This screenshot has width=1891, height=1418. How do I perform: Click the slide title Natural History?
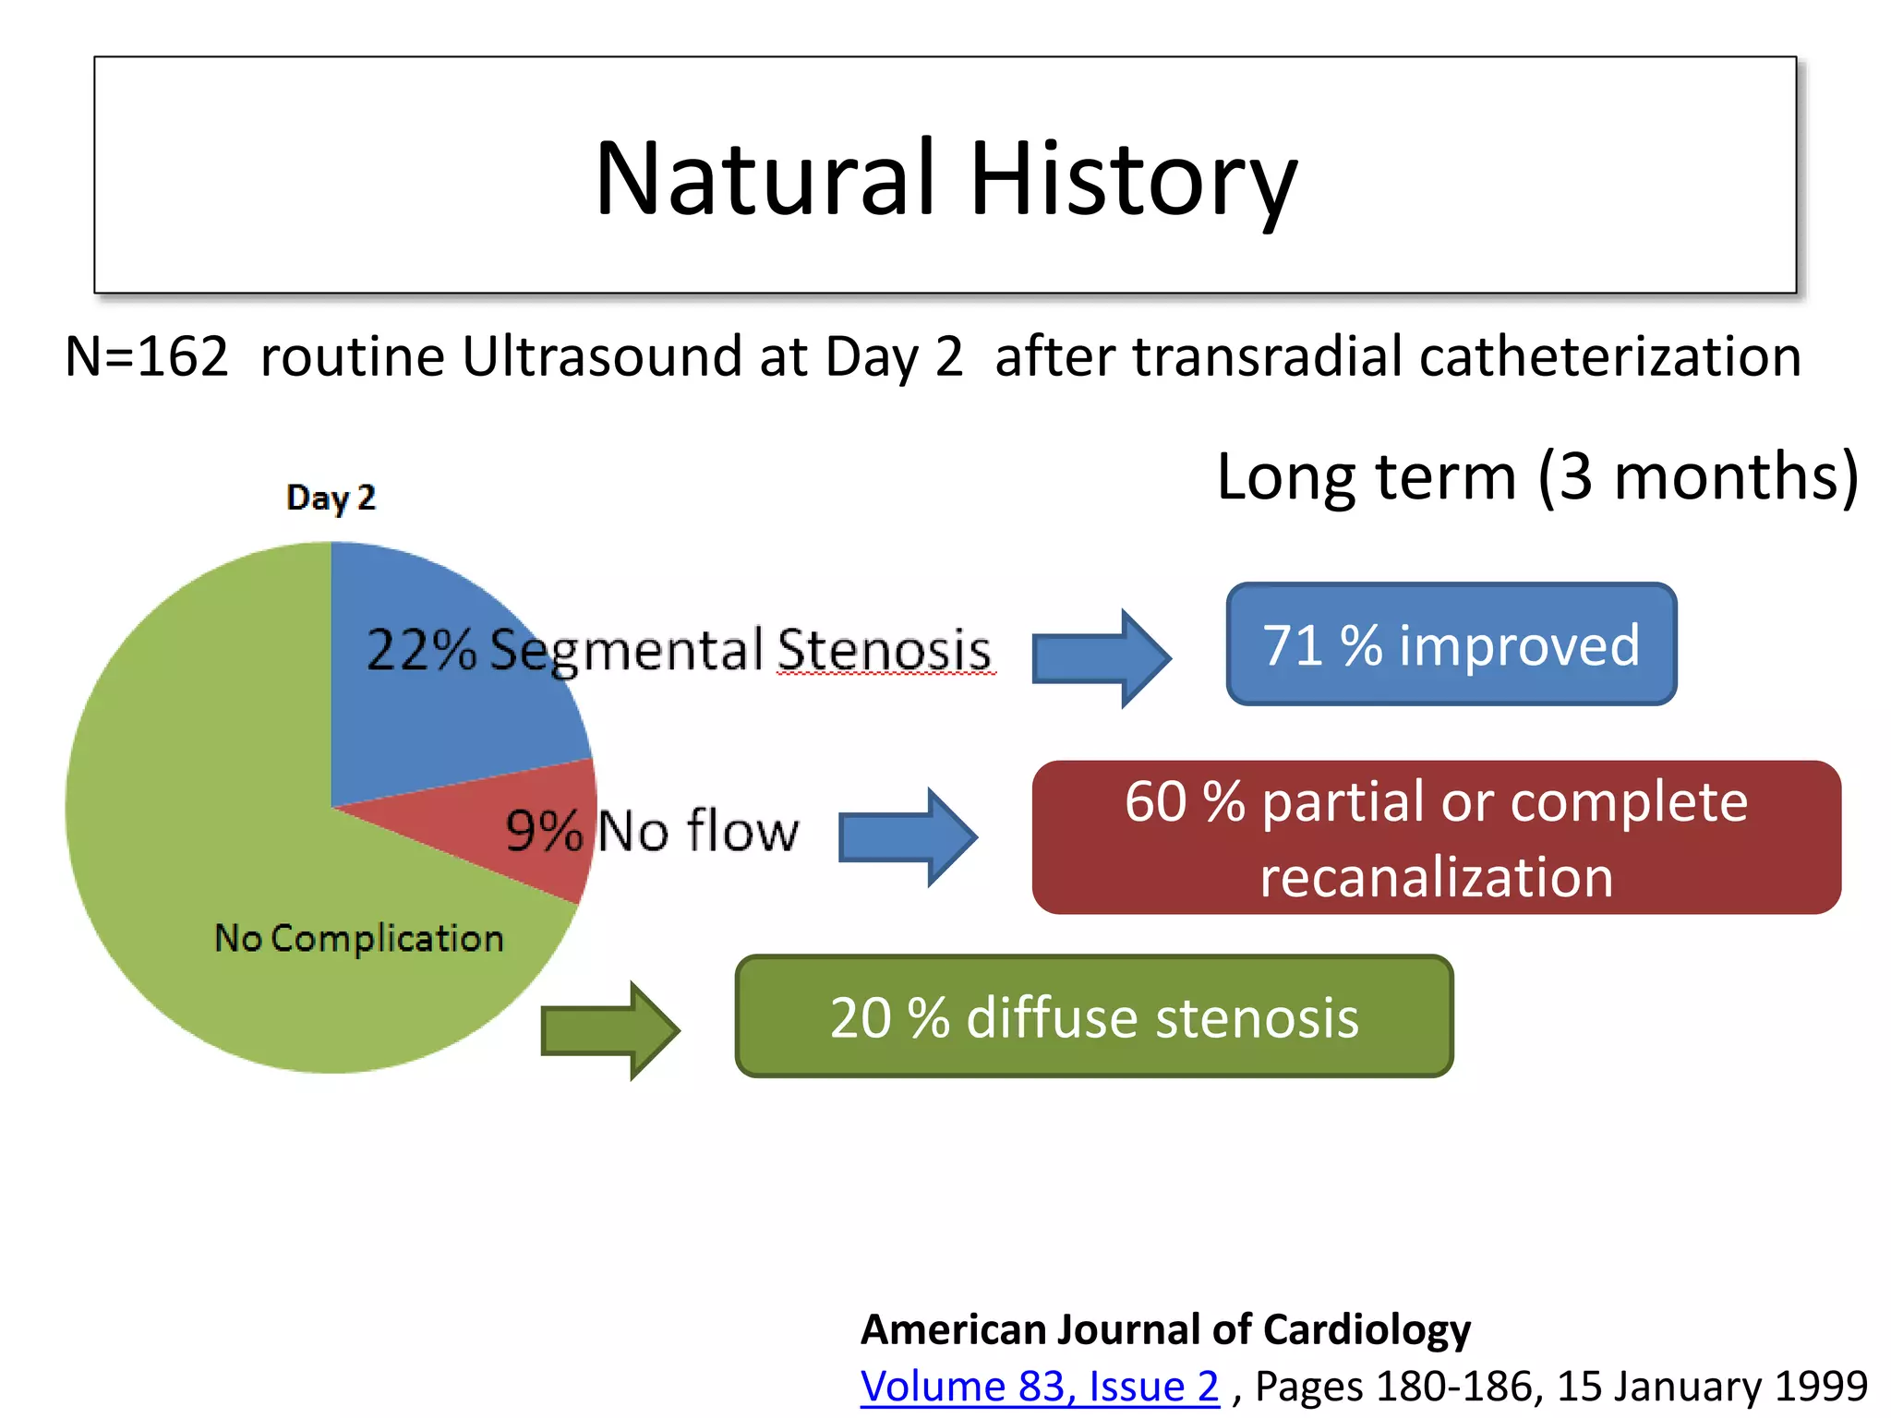pyautogui.click(x=945, y=177)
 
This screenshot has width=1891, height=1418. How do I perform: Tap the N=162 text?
pyautogui.click(x=146, y=357)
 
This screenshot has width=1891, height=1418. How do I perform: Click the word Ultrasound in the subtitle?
pyautogui.click(x=601, y=357)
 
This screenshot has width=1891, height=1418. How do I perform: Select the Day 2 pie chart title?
pyautogui.click(x=331, y=498)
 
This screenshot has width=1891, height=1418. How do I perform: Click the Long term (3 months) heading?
pyautogui.click(x=1537, y=477)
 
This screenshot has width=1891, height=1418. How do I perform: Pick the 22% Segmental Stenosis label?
pyautogui.click(x=679, y=649)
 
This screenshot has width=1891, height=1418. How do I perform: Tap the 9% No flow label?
pyautogui.click(x=652, y=830)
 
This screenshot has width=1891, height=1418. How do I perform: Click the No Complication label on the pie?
pyautogui.click(x=359, y=938)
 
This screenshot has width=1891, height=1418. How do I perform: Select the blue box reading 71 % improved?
pyautogui.click(x=1451, y=644)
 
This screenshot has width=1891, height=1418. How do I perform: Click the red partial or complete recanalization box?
pyautogui.click(x=1436, y=837)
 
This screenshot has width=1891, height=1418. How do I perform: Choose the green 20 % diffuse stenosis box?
pyautogui.click(x=1094, y=1016)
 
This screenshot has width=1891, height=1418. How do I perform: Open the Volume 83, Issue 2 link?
pyautogui.click(x=1040, y=1387)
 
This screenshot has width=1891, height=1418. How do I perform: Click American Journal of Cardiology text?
pyautogui.click(x=1165, y=1329)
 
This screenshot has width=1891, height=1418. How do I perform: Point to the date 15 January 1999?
pyautogui.click(x=1713, y=1387)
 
